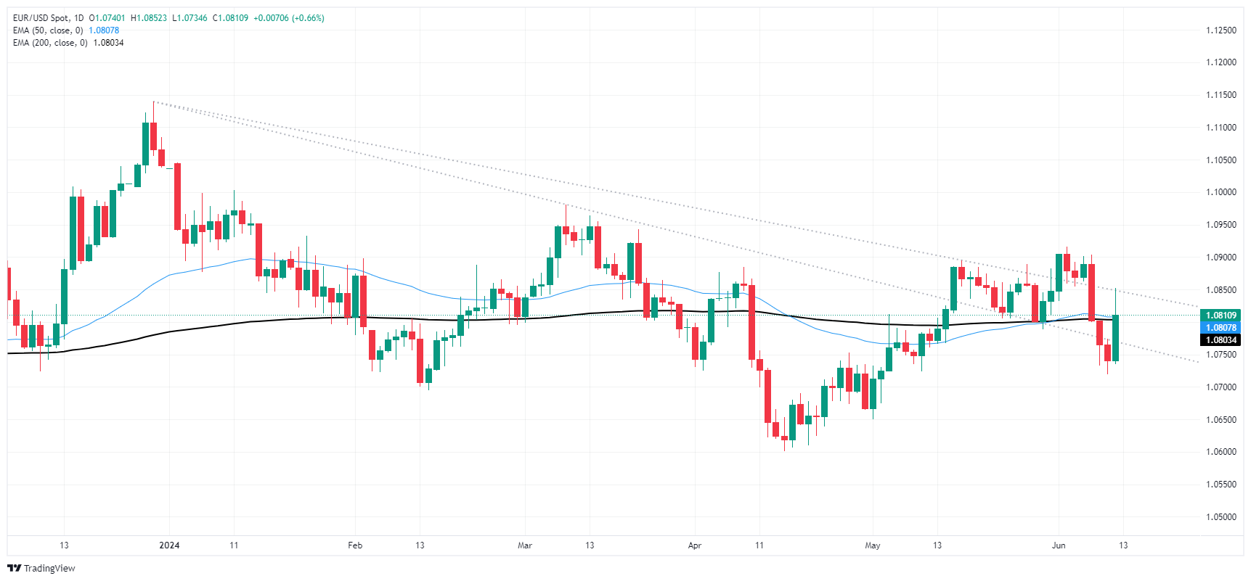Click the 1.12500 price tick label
tap(1221, 30)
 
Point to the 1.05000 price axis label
tap(1221, 517)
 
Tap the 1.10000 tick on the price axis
tap(1221, 192)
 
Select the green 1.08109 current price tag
tap(1221, 316)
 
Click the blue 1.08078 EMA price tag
tap(1221, 328)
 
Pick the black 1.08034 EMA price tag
tap(1221, 340)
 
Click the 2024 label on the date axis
tap(169, 545)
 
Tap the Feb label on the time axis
tap(355, 545)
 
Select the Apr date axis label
tap(695, 545)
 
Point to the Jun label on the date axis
tap(1059, 545)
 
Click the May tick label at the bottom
tap(873, 545)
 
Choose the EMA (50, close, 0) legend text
tap(48, 30)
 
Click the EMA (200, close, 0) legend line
tap(50, 43)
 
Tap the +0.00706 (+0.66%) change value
tap(289, 18)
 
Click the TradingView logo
tap(41, 568)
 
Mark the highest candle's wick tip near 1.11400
tap(154, 102)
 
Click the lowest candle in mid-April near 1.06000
tap(784, 439)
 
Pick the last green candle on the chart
tap(1115, 337)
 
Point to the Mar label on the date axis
tap(525, 545)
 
